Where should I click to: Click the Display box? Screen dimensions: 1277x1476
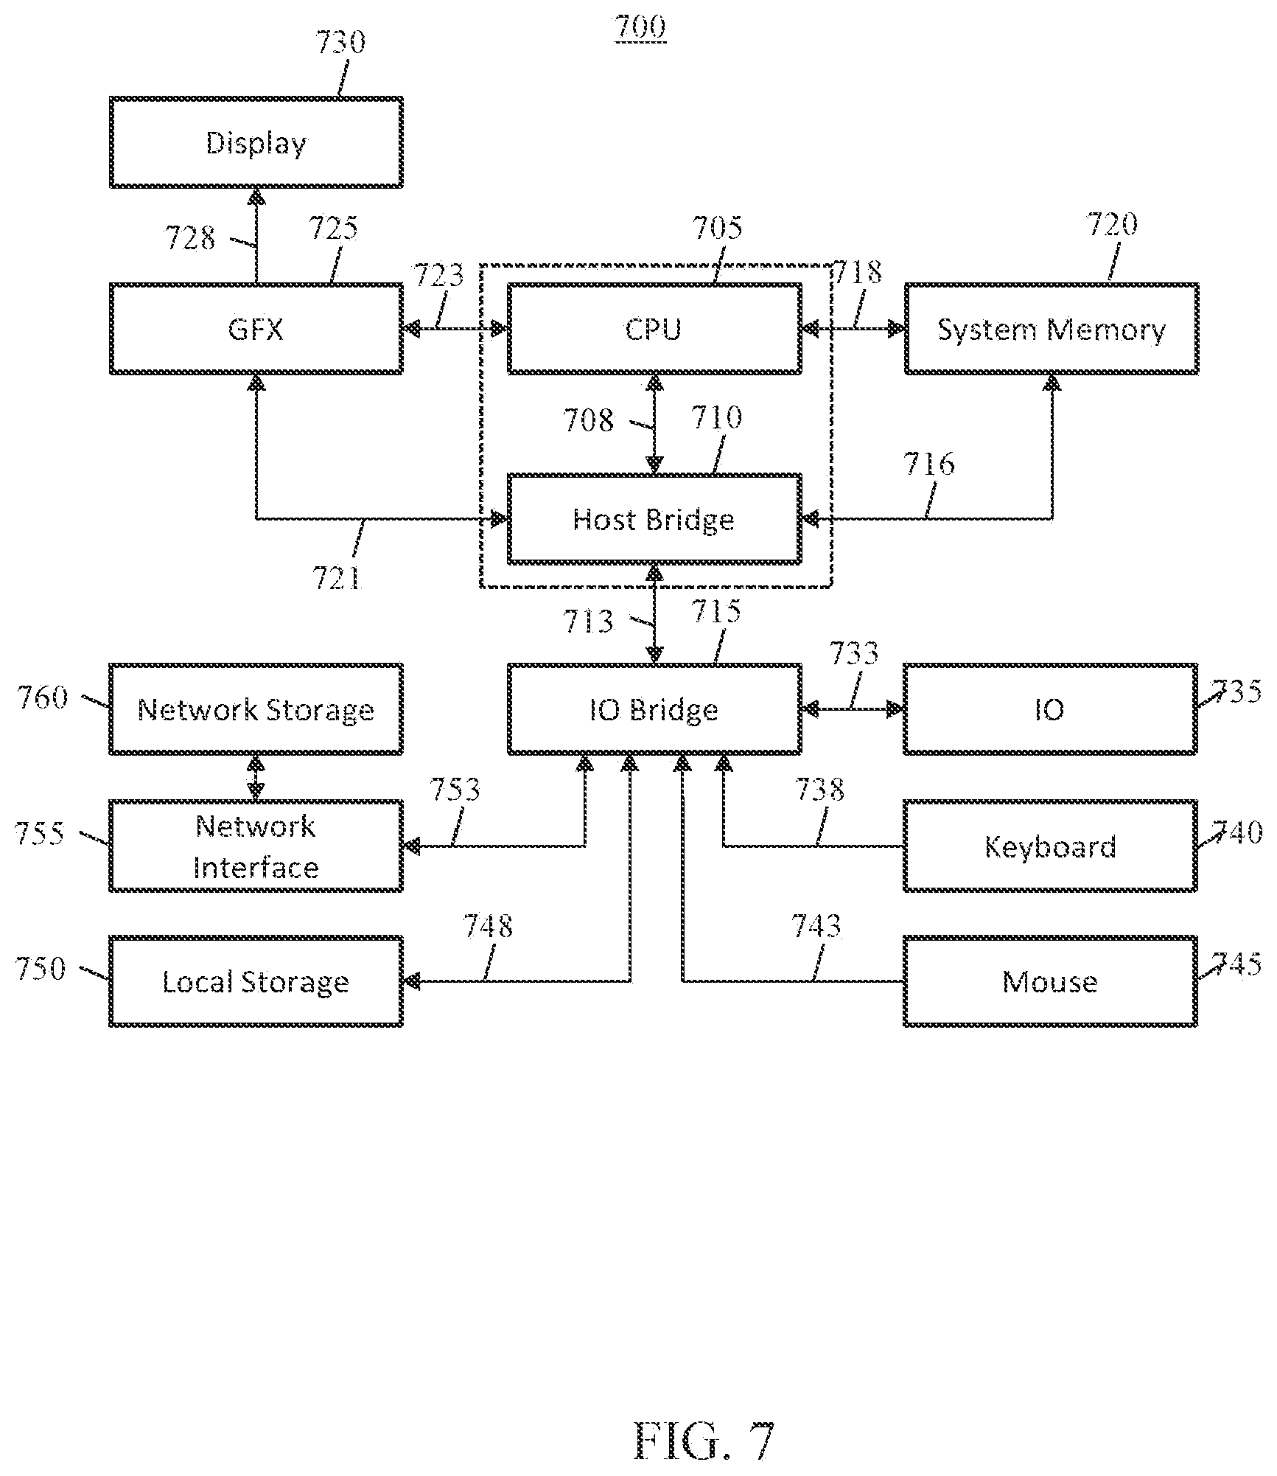(256, 142)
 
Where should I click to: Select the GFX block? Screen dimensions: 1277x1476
(256, 329)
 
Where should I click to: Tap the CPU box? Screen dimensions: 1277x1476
(654, 329)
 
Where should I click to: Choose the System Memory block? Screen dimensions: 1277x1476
(1052, 329)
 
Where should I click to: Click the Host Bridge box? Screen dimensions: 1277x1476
(654, 519)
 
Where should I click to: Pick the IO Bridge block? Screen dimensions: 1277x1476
(654, 709)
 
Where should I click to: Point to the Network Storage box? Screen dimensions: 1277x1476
(256, 709)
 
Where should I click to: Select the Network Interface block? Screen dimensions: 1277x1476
(256, 846)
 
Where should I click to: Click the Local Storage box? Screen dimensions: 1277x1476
(256, 981)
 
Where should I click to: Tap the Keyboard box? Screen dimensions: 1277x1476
(1051, 846)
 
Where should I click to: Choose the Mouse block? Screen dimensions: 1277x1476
(1051, 981)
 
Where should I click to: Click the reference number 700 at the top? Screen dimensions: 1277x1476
(640, 28)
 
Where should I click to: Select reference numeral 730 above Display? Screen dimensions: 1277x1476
(340, 43)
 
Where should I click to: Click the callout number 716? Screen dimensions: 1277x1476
(929, 464)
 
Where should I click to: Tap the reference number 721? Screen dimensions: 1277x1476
(337, 578)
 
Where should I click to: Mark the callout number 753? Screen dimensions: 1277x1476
(455, 790)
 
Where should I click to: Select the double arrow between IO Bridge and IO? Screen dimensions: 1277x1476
(853, 709)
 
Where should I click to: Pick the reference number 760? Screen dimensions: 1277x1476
(43, 697)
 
